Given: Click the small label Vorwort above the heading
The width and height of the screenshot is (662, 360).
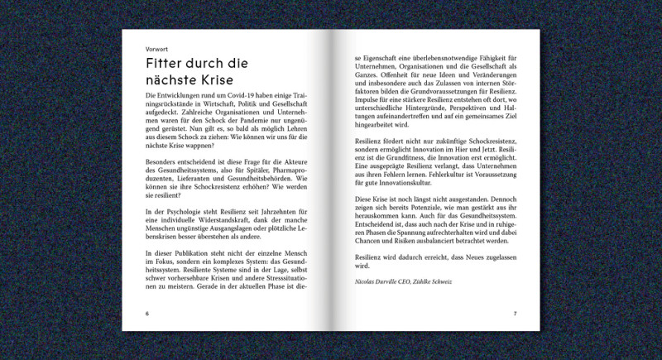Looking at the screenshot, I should pos(156,48).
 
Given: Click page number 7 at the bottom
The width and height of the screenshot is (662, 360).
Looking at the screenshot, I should pos(514,314).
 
